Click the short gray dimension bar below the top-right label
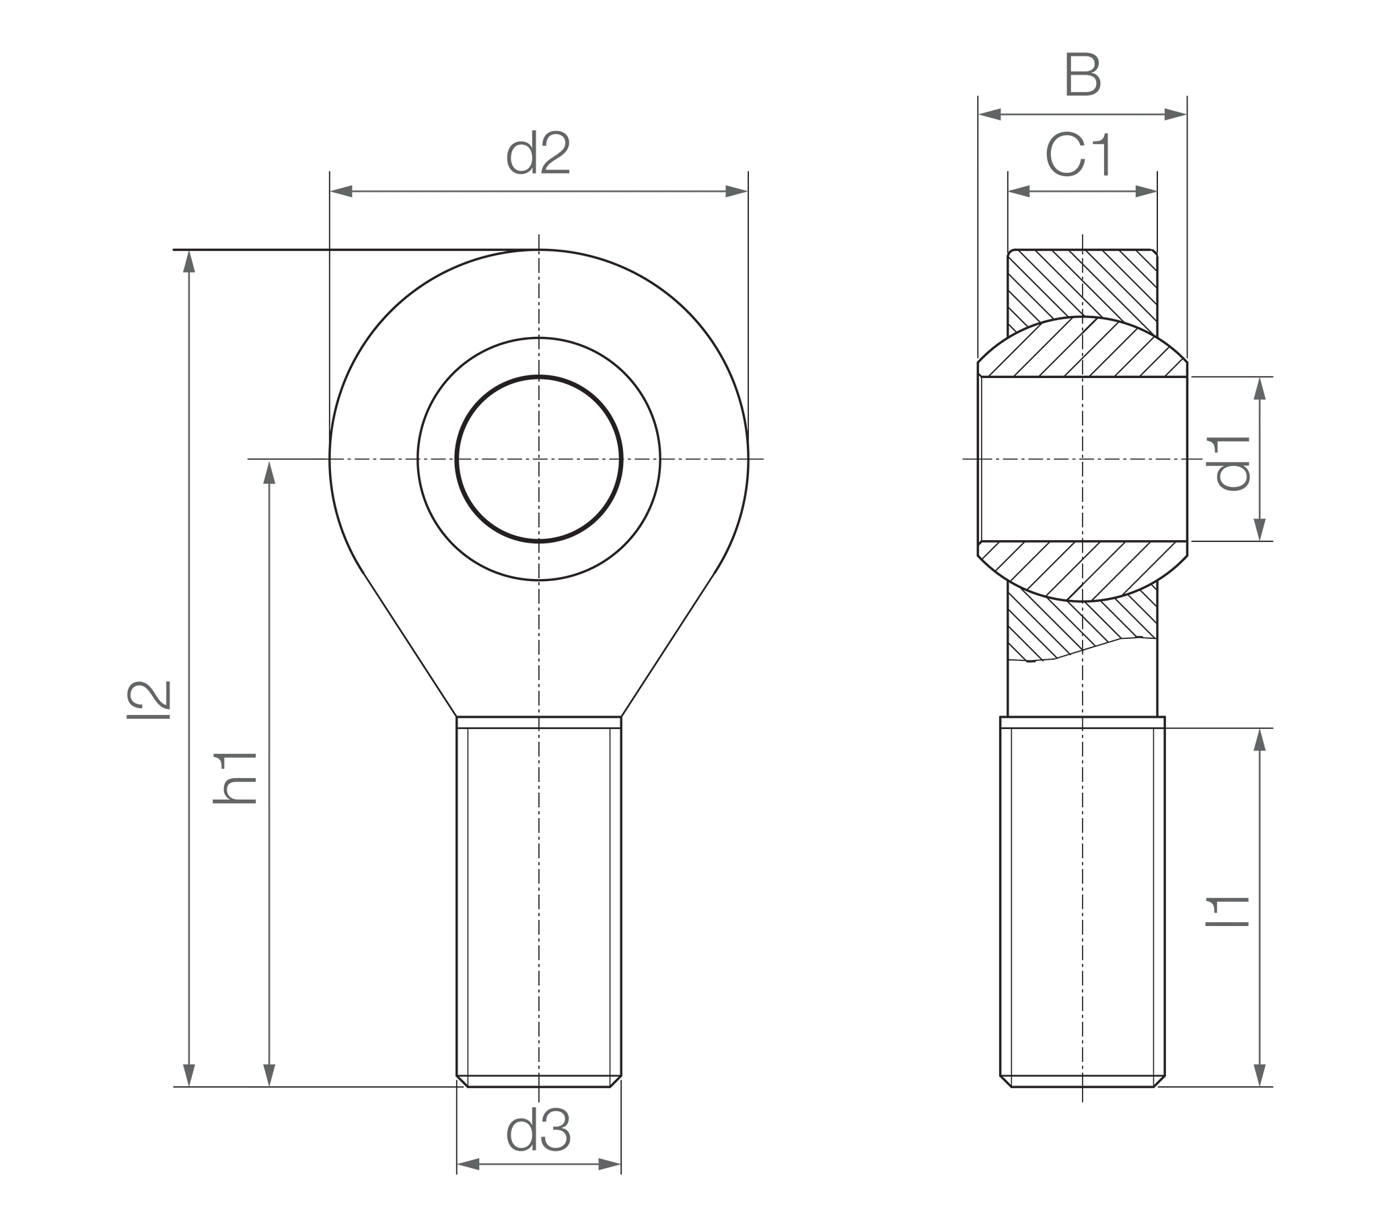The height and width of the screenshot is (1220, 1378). tap(1083, 192)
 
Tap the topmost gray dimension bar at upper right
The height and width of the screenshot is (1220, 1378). tap(1083, 116)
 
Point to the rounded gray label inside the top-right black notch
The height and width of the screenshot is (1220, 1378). tap(1112, 152)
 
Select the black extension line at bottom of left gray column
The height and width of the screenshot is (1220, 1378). tap(310, 1087)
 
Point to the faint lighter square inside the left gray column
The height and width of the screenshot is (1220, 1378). tap(243, 779)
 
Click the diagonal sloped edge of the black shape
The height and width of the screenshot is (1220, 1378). tap(398, 627)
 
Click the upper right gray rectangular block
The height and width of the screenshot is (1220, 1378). tap(1315, 459)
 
